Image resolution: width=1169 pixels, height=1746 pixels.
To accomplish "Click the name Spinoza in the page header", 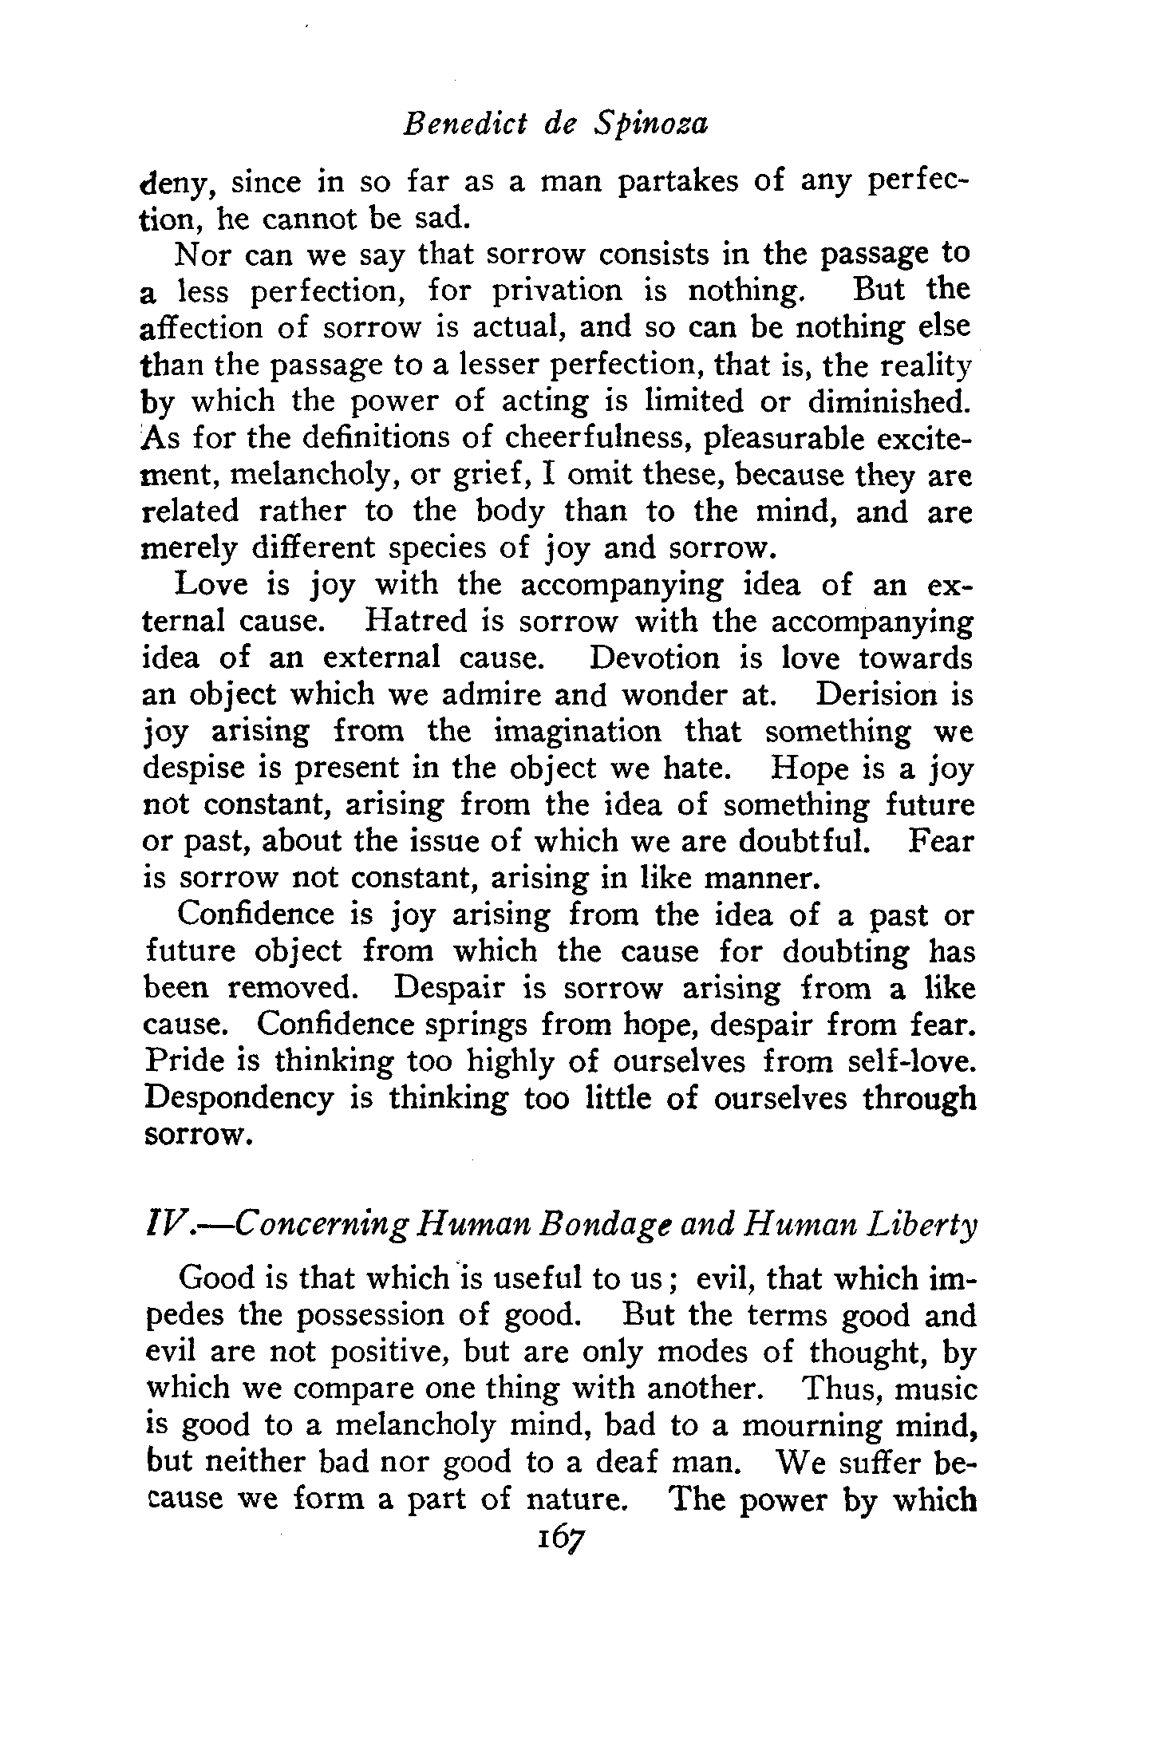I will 651,126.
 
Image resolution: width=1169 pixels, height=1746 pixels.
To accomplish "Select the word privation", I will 557,291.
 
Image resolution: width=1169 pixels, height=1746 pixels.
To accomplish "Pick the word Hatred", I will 415,621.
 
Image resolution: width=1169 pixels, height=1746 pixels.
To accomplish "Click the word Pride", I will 185,1062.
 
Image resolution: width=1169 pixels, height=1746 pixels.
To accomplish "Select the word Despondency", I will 239,1100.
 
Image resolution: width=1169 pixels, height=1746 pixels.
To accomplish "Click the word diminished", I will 891,401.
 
